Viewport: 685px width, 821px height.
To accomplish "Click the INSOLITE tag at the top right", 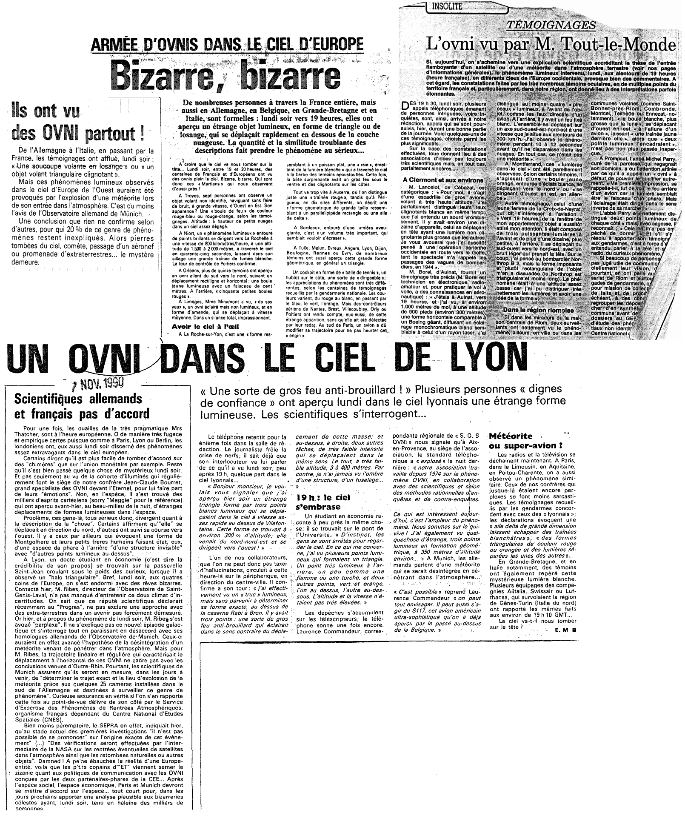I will click(447, 6).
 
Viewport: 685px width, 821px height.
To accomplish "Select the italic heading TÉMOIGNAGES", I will click(551, 25).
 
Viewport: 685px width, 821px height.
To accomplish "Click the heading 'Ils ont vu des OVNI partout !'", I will click(79, 123).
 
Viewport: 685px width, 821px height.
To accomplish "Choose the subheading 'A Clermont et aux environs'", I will click(444, 180).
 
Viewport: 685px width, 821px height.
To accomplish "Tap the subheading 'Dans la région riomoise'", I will click(538, 311).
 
